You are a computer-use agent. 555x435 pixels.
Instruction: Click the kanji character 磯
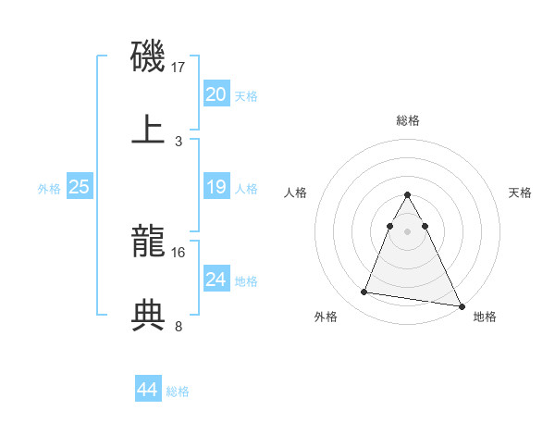tap(148, 56)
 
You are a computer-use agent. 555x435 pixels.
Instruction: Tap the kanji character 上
tap(148, 129)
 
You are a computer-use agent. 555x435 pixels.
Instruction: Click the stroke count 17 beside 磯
tap(179, 68)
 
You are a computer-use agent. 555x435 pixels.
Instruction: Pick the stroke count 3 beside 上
tap(179, 141)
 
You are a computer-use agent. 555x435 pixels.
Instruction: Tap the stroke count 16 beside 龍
tap(179, 252)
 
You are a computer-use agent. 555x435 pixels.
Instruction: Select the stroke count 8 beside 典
tap(179, 326)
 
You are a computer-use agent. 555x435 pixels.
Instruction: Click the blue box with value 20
tap(216, 94)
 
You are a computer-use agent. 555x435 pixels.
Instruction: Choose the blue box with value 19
tap(216, 188)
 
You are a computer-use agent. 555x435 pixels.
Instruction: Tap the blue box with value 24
tap(216, 280)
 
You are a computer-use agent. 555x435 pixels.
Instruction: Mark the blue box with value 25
tap(79, 188)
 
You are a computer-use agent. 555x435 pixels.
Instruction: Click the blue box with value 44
tap(147, 391)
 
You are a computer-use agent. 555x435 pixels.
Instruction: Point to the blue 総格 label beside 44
tap(178, 391)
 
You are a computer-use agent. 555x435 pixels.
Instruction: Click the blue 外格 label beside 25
tap(49, 189)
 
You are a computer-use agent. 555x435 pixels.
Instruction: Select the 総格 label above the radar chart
tap(408, 120)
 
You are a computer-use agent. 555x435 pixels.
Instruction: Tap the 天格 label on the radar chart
tap(521, 193)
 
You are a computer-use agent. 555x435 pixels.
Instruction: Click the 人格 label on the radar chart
tap(296, 193)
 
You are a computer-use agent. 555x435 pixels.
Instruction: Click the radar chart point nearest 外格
tap(364, 292)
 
